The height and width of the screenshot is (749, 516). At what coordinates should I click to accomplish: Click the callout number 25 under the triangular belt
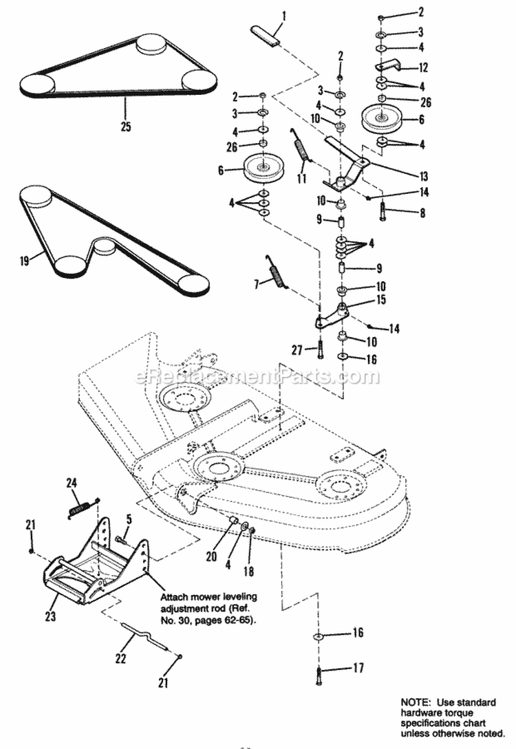[125, 127]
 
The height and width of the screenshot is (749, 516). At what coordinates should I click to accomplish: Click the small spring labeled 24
[86, 508]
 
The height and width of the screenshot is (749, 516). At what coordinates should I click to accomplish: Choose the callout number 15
[380, 301]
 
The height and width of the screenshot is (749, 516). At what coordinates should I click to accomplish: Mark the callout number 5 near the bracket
[128, 520]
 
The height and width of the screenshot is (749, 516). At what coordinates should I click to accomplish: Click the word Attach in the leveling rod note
[172, 579]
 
